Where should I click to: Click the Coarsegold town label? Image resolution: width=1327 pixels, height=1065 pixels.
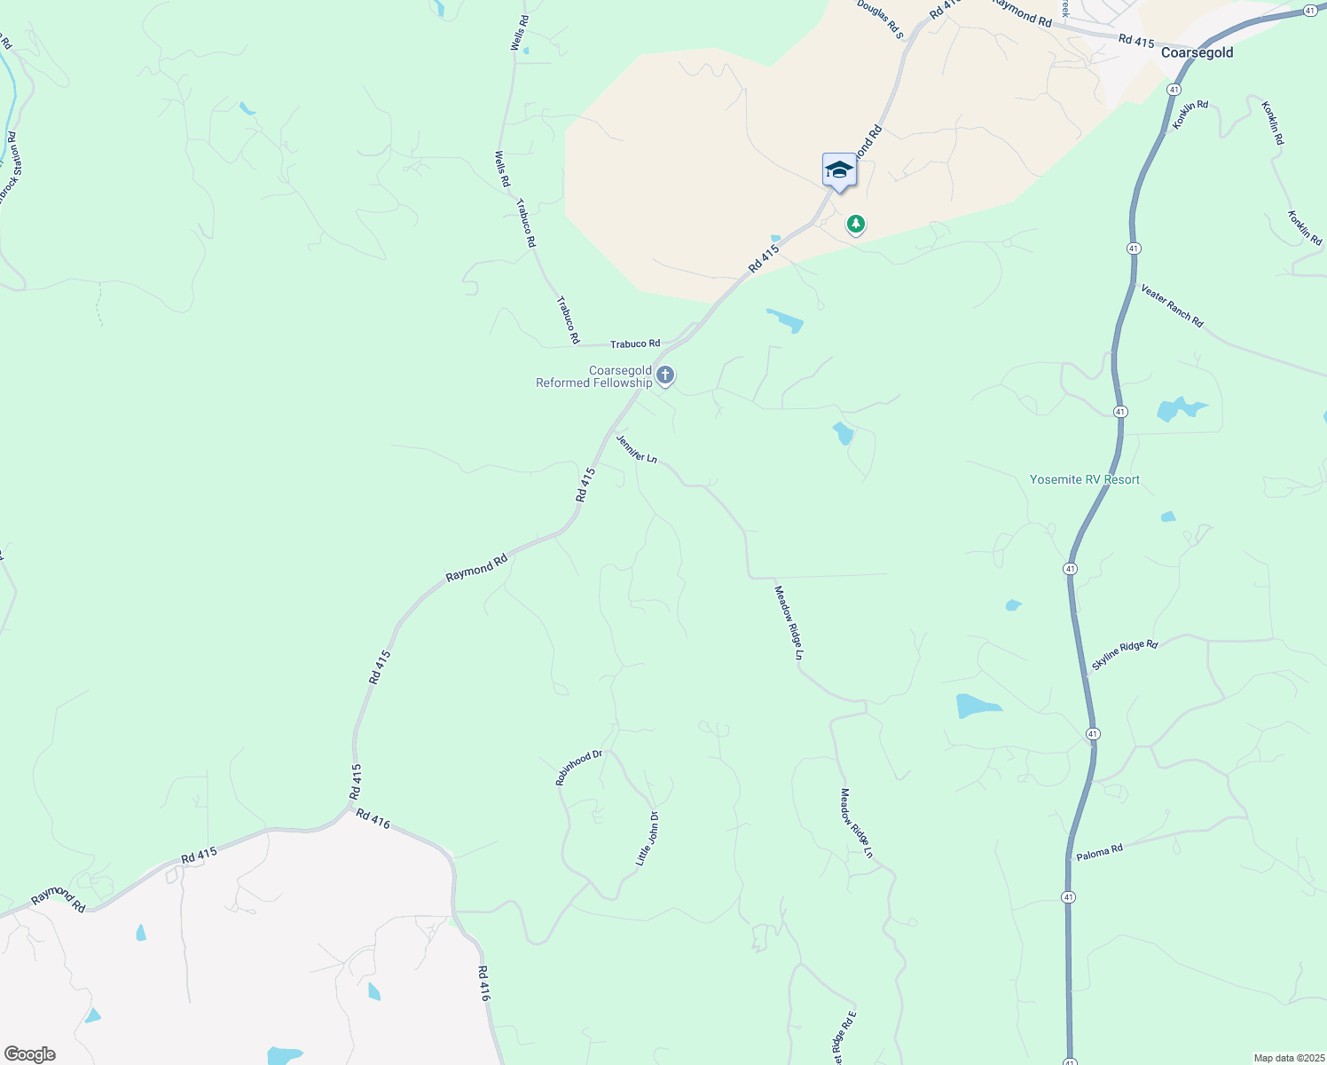coord(1197,52)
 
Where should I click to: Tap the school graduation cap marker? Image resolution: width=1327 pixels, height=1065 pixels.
coord(839,170)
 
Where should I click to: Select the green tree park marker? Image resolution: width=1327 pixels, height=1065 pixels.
coord(856,224)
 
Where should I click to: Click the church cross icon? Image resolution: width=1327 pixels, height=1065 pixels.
coord(665,376)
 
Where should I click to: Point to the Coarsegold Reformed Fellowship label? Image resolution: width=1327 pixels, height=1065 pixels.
coord(593,377)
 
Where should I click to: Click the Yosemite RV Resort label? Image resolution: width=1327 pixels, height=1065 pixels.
coord(1084,479)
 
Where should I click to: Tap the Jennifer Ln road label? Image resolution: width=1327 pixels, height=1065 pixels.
coord(637,448)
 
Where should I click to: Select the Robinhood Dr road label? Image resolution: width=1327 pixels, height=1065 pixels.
coord(578,768)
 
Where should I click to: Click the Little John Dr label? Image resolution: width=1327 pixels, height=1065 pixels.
coord(647,839)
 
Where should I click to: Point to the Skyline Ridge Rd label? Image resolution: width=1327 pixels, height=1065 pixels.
coord(1125,654)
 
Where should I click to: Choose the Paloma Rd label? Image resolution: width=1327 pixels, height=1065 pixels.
coord(1099,852)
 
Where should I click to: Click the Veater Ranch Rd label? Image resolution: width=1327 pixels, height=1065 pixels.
coord(1172,306)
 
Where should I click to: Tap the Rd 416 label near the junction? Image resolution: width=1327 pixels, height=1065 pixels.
coord(373,818)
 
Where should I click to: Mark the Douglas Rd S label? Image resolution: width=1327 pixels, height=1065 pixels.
coord(880,19)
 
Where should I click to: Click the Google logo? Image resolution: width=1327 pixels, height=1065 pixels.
coord(30,1054)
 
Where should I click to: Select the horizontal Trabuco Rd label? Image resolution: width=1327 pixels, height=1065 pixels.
coord(635,343)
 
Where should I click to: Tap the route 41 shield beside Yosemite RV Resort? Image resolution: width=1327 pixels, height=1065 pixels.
coord(1121,412)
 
